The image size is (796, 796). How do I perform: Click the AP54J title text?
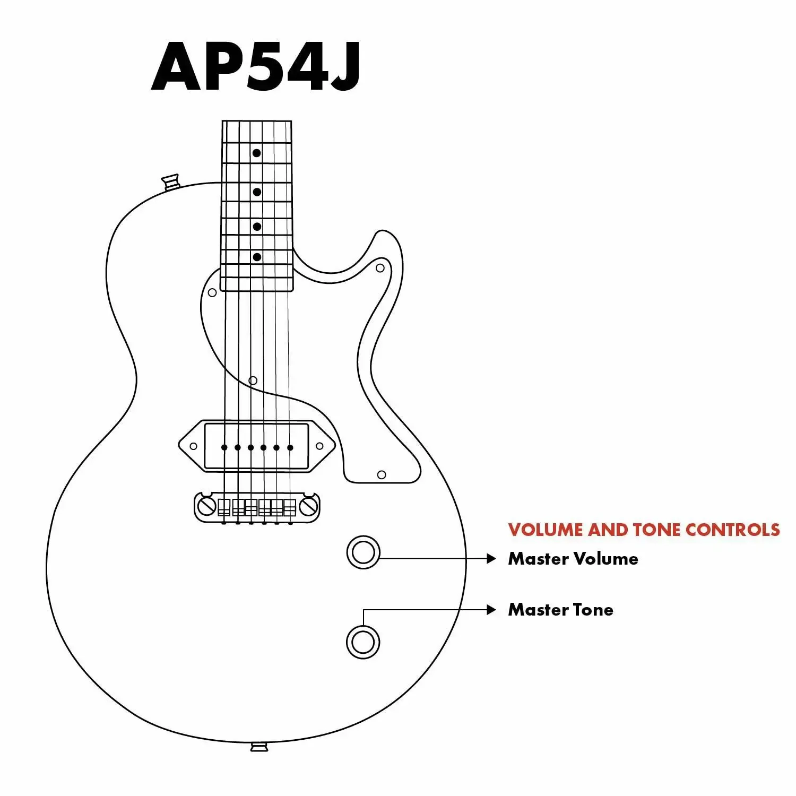[x=256, y=67]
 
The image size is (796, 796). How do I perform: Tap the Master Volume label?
[x=573, y=559]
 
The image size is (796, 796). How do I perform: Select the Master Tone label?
[x=560, y=610]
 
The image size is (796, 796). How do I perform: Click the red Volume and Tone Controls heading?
[x=644, y=530]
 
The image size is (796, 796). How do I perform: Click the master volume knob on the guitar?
[x=364, y=552]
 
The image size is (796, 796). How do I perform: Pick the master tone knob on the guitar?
[x=363, y=642]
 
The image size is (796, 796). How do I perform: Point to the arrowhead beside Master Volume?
[x=491, y=559]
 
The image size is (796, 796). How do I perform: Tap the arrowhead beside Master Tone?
[x=491, y=610]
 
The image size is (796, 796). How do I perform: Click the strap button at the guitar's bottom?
[x=259, y=747]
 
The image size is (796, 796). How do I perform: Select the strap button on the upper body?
[x=171, y=181]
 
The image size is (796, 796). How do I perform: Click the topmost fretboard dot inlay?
[x=256, y=153]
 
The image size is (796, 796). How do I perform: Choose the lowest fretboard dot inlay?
[x=257, y=257]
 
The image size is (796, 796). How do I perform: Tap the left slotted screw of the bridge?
[x=206, y=506]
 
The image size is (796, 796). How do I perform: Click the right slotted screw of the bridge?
[x=308, y=506]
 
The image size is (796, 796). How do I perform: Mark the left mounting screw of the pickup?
[x=193, y=446]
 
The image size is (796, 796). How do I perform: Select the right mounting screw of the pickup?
[x=319, y=446]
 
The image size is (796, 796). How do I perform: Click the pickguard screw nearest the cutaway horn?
[x=380, y=268]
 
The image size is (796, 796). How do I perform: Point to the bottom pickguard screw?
[x=382, y=474]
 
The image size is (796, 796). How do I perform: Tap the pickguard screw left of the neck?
[x=212, y=292]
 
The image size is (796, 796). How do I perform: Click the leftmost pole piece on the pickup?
[x=224, y=447]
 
